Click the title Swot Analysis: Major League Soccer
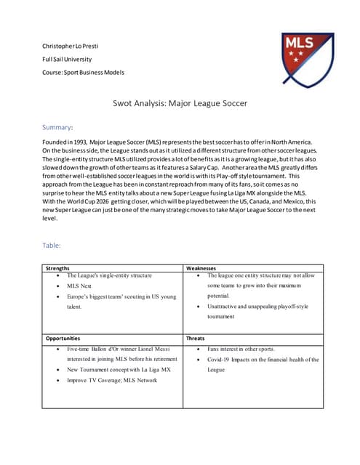[x=180, y=103]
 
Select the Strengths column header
[x=59, y=267]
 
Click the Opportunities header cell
[x=65, y=338]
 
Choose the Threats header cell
[x=196, y=338]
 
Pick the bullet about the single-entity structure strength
[x=109, y=276]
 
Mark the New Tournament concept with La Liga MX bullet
[x=119, y=369]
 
